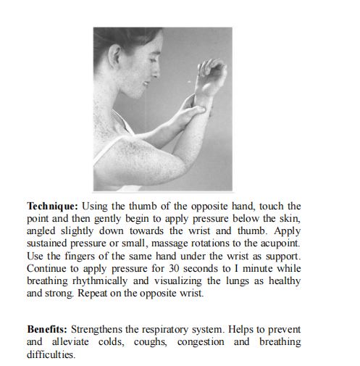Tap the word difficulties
click(51, 354)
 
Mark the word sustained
click(49, 244)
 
